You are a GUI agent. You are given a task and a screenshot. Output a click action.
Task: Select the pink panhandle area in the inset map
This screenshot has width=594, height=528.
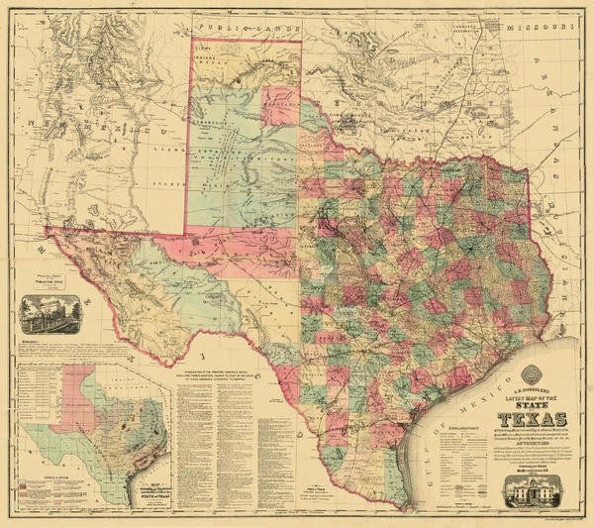pos(82,387)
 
